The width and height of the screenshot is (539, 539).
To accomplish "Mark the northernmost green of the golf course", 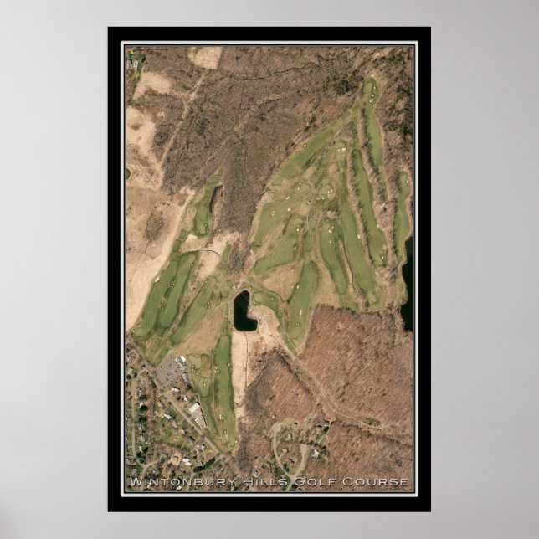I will point(369,86).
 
